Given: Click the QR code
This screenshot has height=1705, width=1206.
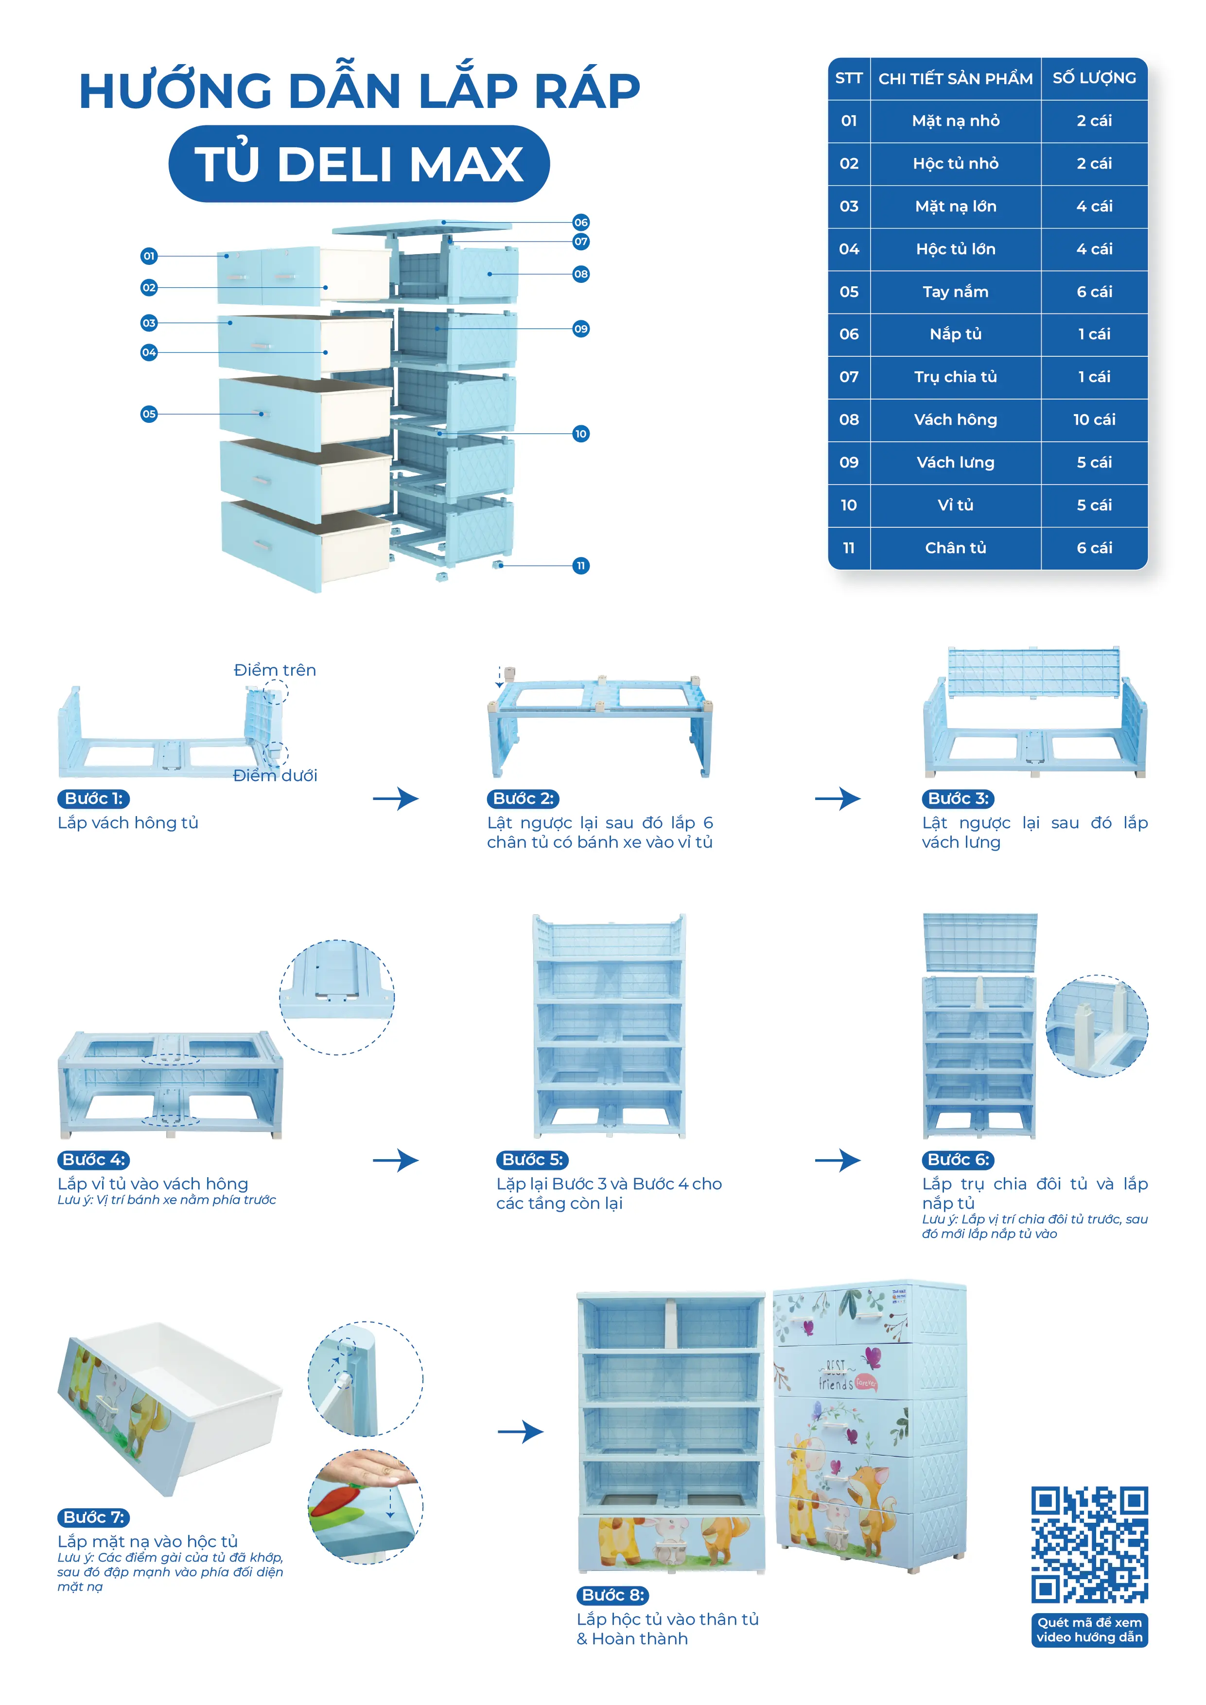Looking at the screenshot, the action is (x=1089, y=1544).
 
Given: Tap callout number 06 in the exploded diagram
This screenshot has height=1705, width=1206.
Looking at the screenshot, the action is (x=581, y=222).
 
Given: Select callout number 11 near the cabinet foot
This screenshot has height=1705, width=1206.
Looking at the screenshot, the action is (x=581, y=566).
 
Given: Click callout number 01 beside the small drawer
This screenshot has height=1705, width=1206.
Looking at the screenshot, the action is (x=149, y=256).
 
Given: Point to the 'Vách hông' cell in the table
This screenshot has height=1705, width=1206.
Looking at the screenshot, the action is (x=955, y=419).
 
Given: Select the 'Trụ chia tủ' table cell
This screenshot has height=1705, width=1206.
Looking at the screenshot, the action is (x=955, y=377).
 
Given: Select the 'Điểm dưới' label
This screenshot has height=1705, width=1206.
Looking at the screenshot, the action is (x=275, y=775).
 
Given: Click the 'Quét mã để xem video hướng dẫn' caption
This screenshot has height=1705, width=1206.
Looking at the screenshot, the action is (x=1089, y=1629).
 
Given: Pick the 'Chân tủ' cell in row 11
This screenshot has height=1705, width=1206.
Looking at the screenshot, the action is (x=955, y=548).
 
